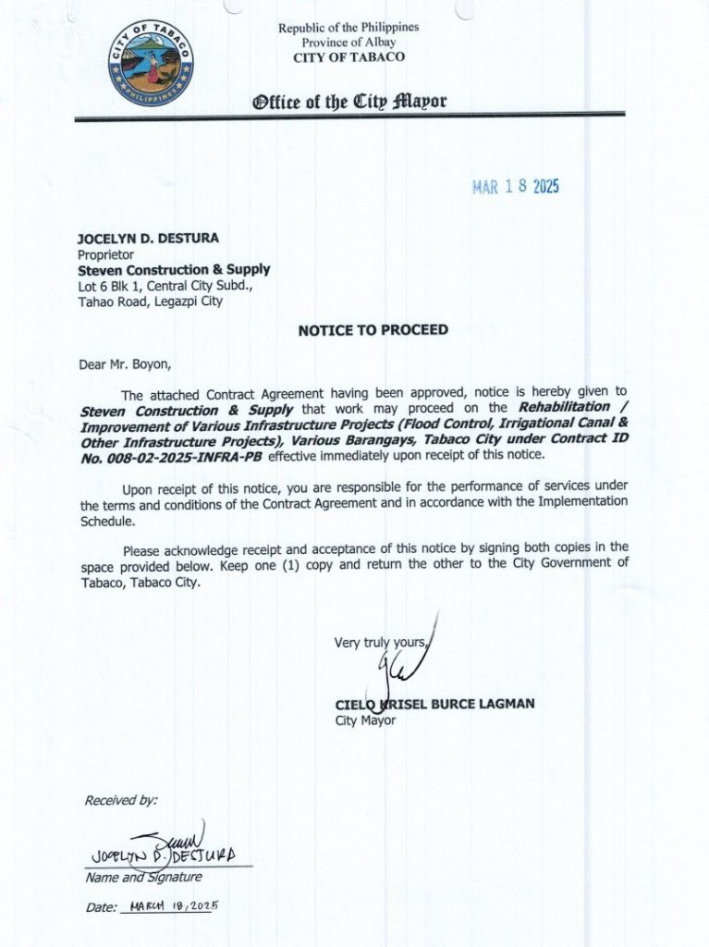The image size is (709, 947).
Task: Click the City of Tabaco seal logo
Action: (151, 64)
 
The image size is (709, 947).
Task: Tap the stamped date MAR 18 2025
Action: (516, 187)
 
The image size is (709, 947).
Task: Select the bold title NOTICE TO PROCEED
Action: (373, 330)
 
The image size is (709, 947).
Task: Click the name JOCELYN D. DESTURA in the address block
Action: (148, 239)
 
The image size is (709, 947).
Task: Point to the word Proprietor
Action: (106, 254)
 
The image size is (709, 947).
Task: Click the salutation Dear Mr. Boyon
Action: (125, 364)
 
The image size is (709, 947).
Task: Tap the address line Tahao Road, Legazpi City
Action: (150, 301)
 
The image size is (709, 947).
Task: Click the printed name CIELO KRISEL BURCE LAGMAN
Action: (434, 705)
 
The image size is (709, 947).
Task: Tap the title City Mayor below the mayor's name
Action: (365, 720)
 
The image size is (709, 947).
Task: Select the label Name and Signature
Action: (143, 877)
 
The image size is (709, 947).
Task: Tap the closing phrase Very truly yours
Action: (381, 643)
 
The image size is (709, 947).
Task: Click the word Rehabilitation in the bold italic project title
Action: (564, 407)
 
